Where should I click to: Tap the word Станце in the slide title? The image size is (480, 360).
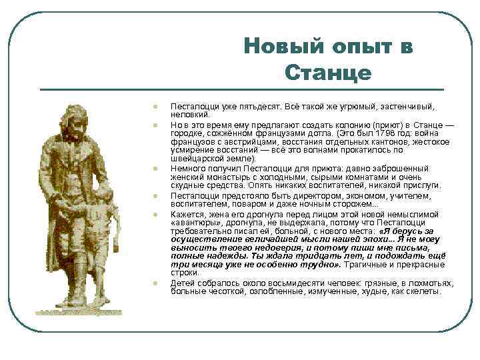(x=327, y=73)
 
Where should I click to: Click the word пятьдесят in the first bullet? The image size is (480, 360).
(x=257, y=107)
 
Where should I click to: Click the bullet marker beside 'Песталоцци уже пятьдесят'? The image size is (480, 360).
(x=153, y=106)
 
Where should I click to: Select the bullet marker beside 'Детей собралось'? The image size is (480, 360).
(x=153, y=283)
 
